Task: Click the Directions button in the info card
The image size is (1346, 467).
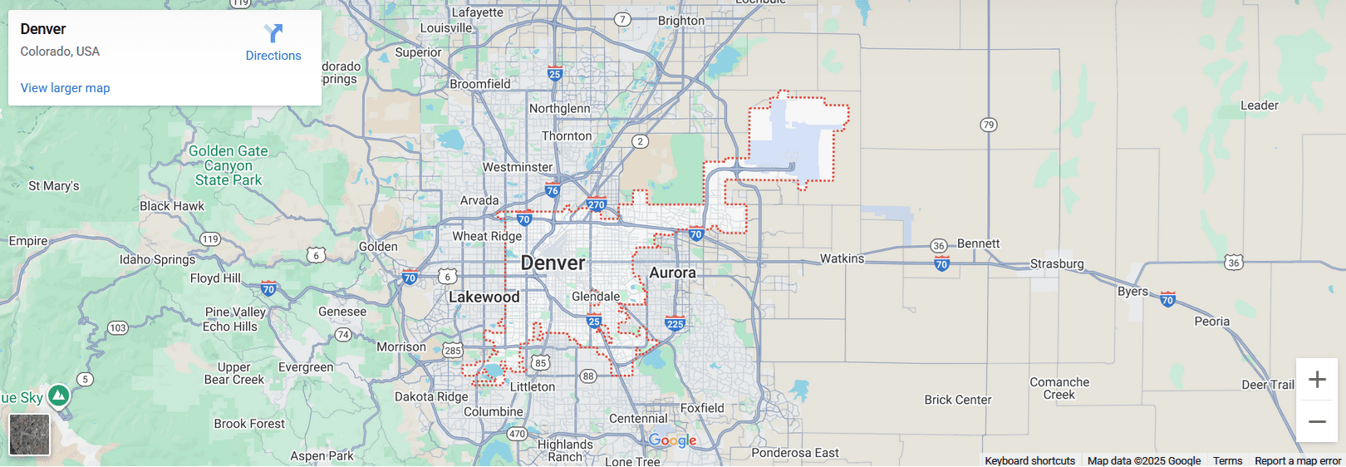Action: (273, 43)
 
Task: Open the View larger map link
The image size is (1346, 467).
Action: (65, 88)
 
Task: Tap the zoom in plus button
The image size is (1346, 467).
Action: (1317, 380)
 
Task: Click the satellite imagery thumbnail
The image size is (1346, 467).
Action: (29, 435)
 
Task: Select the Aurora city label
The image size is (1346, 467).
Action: (672, 273)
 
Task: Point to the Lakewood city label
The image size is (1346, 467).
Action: (484, 297)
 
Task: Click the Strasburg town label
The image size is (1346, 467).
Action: (1057, 263)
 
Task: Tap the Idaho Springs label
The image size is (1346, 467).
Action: (157, 259)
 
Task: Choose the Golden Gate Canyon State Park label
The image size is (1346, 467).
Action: (228, 165)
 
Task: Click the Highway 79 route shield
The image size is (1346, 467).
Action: (988, 125)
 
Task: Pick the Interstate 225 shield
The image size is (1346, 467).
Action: (675, 324)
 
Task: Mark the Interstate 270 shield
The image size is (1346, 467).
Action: (597, 204)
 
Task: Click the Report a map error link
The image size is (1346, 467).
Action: (1297, 460)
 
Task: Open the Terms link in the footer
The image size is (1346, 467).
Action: (1227, 460)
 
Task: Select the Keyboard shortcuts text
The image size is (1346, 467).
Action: (1029, 460)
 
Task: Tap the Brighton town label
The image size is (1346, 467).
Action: (680, 21)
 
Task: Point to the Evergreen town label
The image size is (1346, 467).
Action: (306, 367)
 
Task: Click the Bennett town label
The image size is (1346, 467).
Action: (978, 243)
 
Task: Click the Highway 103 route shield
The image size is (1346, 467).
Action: (118, 327)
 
